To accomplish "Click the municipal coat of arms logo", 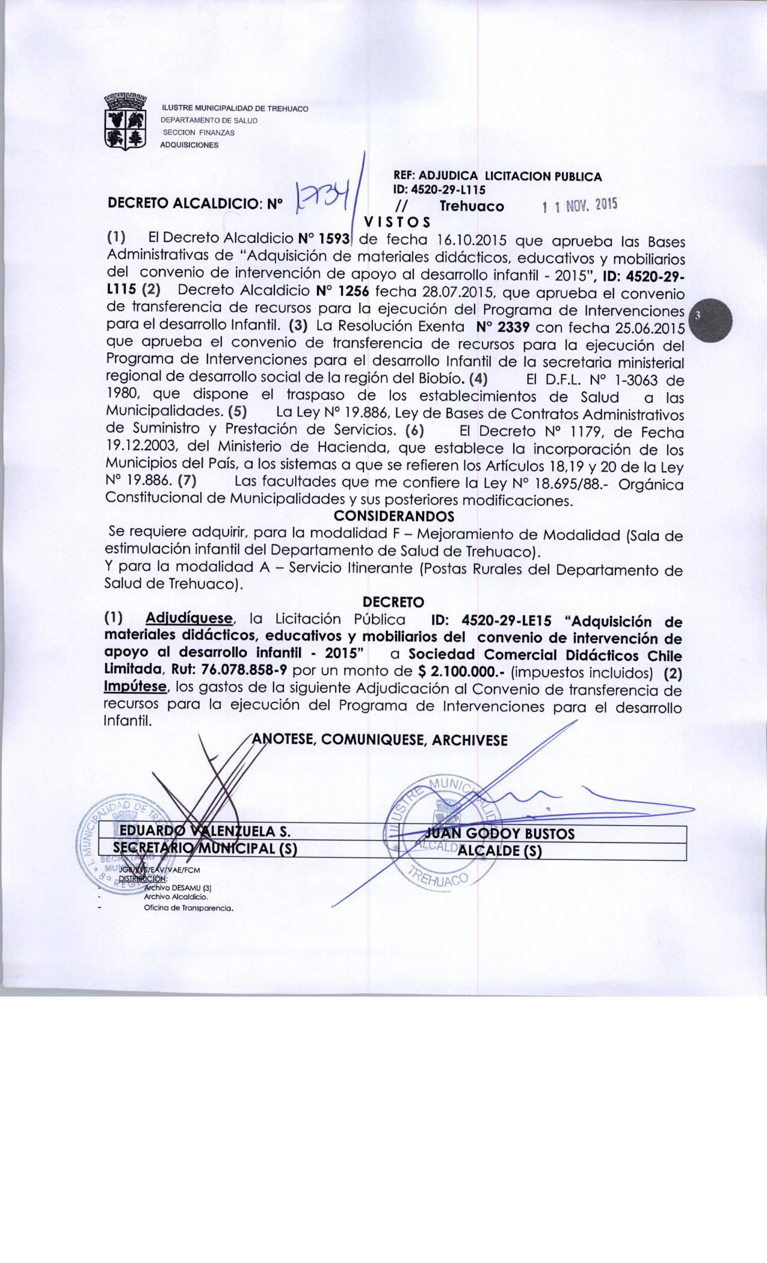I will click(x=127, y=123).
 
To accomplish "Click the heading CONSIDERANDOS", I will click(x=393, y=516).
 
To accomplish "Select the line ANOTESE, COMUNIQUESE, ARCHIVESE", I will click(x=379, y=740).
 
